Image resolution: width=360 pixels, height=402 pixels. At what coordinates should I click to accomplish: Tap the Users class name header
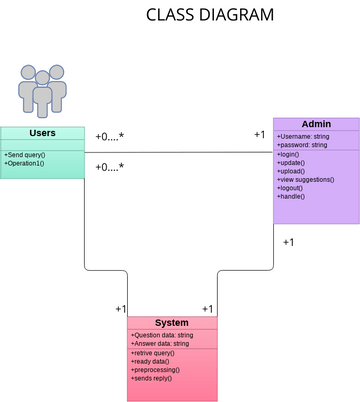tap(42, 133)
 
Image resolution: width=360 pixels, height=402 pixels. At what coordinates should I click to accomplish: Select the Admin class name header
tap(316, 124)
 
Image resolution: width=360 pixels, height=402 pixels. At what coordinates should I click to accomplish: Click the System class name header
tap(172, 322)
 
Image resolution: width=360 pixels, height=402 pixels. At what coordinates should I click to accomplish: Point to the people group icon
tap(42, 90)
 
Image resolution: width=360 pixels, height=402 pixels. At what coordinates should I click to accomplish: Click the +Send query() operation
tap(25, 155)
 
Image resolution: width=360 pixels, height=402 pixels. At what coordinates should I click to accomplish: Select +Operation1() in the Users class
tap(24, 163)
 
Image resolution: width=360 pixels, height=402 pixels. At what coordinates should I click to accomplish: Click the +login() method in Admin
tap(289, 155)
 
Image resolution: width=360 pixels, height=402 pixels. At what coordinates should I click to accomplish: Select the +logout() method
tap(291, 187)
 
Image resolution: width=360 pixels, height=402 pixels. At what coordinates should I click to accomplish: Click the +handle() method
tap(291, 196)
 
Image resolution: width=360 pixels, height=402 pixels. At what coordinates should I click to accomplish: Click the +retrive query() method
tap(153, 353)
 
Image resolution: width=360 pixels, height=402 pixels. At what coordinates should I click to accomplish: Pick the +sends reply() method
tap(151, 378)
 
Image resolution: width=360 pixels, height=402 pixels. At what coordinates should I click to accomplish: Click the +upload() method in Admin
tap(291, 171)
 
